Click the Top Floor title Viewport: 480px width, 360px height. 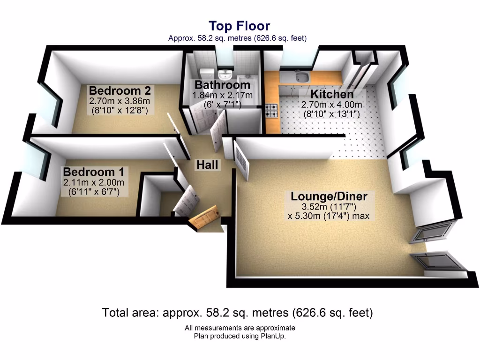[239, 26]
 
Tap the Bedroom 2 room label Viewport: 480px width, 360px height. [120, 90]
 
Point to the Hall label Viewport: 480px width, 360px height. [207, 165]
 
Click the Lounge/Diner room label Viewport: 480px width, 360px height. [329, 196]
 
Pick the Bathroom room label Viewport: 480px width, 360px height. [222, 85]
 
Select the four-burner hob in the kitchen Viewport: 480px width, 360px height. [271, 111]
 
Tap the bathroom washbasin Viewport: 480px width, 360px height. [226, 74]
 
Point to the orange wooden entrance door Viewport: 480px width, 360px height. [205, 217]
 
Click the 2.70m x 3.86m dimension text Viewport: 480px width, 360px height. [120, 101]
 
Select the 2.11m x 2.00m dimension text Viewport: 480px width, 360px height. [94, 183]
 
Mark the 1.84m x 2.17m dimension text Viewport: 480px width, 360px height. [222, 96]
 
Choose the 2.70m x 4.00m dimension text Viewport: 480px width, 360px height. [332, 105]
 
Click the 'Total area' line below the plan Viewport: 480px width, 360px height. [238, 313]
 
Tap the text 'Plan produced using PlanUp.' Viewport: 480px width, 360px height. [240, 336]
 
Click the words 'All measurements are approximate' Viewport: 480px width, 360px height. [240, 328]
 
